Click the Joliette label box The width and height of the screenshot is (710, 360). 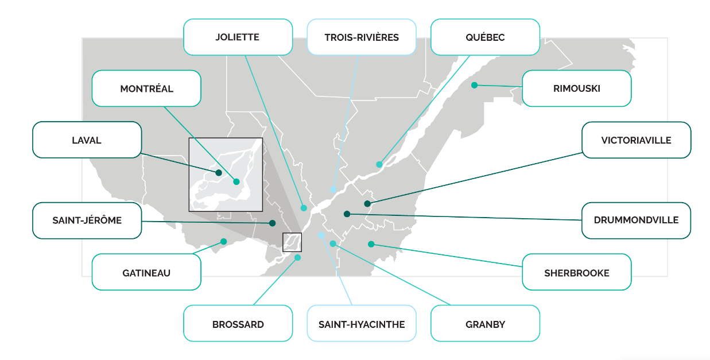point(238,37)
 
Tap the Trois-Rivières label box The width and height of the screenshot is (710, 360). point(362,37)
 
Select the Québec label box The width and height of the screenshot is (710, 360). point(485,37)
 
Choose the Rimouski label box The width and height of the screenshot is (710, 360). point(577,88)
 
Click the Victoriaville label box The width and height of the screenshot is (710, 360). point(637,140)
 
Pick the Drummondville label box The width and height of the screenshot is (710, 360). point(637,220)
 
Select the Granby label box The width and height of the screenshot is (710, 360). point(485,323)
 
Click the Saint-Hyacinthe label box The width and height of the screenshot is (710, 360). point(362,323)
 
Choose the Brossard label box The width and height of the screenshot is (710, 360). point(238,323)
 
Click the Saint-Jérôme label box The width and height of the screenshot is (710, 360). point(87,220)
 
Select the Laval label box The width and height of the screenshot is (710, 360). point(87,140)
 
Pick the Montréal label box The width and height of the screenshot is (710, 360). point(146,88)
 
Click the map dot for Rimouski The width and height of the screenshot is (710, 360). point(475,85)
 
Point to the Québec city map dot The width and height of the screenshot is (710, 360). point(379,164)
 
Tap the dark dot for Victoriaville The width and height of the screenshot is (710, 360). point(367,204)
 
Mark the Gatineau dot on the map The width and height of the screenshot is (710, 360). point(224,241)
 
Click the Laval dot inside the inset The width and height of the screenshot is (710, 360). point(219,173)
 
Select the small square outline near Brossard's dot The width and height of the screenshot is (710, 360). point(283,242)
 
